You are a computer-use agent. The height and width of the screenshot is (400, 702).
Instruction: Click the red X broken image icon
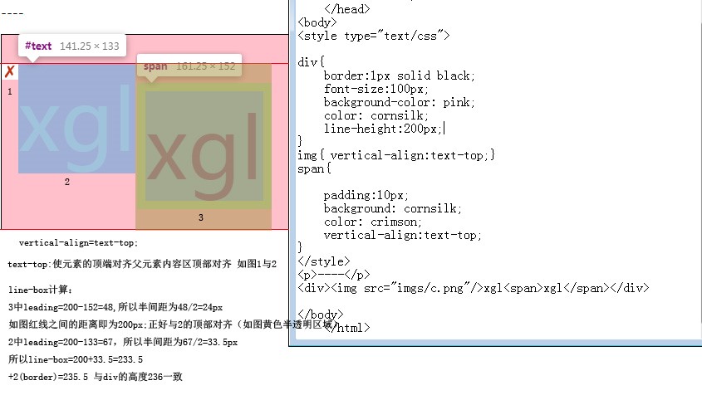click(10, 72)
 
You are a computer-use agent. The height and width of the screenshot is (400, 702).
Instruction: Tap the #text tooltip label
click(38, 46)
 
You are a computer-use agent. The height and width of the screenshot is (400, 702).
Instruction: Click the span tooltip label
click(155, 66)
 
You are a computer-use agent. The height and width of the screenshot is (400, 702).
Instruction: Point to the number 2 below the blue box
click(67, 182)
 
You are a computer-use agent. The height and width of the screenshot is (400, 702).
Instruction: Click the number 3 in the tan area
click(200, 217)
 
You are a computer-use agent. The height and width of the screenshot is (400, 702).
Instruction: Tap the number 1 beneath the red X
click(10, 91)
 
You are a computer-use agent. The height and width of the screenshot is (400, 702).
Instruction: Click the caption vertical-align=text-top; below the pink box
click(78, 243)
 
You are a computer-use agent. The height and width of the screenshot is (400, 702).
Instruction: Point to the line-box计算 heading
click(41, 290)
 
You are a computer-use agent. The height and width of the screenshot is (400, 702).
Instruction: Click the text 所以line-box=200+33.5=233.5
click(76, 359)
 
